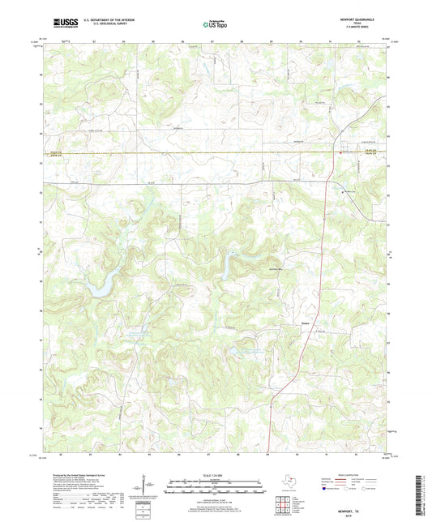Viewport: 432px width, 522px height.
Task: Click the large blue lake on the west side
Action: (x=101, y=285)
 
